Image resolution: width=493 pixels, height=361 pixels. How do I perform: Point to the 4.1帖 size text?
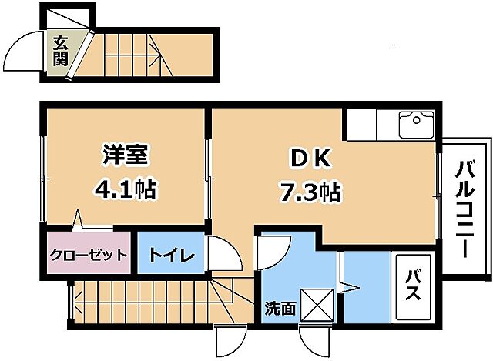tap(126, 189)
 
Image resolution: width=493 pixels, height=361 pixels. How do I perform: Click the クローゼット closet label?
tap(88, 255)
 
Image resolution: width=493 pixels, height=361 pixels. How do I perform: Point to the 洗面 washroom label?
tap(280, 309)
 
